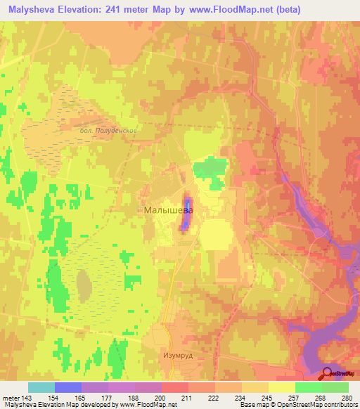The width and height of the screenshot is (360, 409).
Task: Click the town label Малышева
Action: coord(167,209)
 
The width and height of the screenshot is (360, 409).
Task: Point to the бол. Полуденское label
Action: coord(108,131)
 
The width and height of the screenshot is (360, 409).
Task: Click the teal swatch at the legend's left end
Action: coord(41,387)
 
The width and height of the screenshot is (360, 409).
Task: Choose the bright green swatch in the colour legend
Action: coord(308,387)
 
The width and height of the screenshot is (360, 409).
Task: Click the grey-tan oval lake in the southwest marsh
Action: coord(84,284)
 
